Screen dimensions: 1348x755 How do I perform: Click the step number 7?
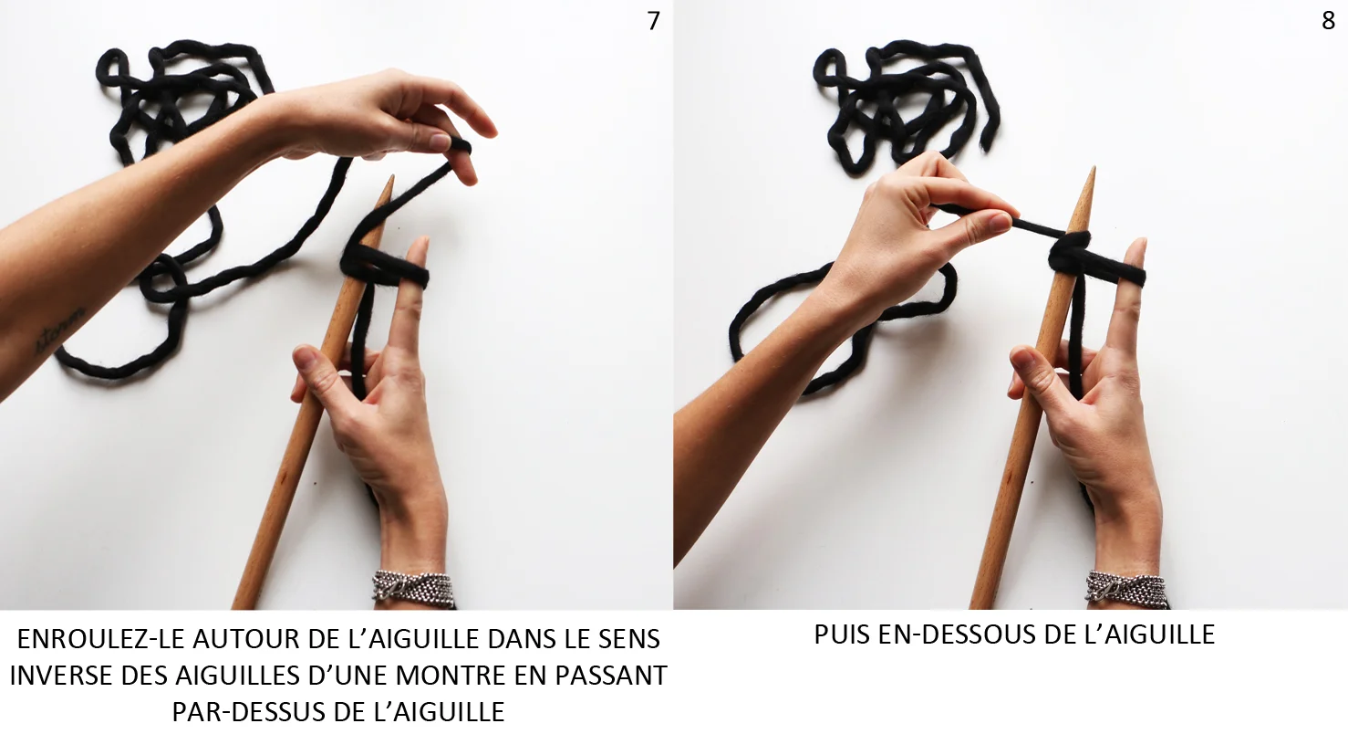pos(654,21)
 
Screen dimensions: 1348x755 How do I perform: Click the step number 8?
pos(1328,21)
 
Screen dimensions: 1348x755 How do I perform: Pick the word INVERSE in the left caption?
pos(61,676)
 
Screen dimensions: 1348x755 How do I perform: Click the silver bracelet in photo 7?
pos(413,588)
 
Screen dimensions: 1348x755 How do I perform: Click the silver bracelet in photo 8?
pos(1126,589)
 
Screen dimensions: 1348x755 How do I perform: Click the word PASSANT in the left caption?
pos(611,676)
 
